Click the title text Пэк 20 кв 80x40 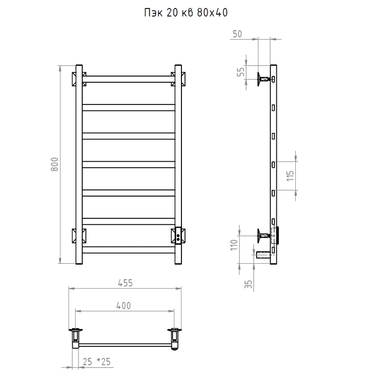coord(186,13)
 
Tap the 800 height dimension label coord(55,164)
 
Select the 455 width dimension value coord(125,283)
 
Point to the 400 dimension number coord(123,305)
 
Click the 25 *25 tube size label coord(96,361)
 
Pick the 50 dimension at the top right coord(237,34)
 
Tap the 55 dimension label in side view coord(241,72)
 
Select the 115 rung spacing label coord(290,176)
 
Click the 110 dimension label coord(234,245)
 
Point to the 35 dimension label coord(248,284)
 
